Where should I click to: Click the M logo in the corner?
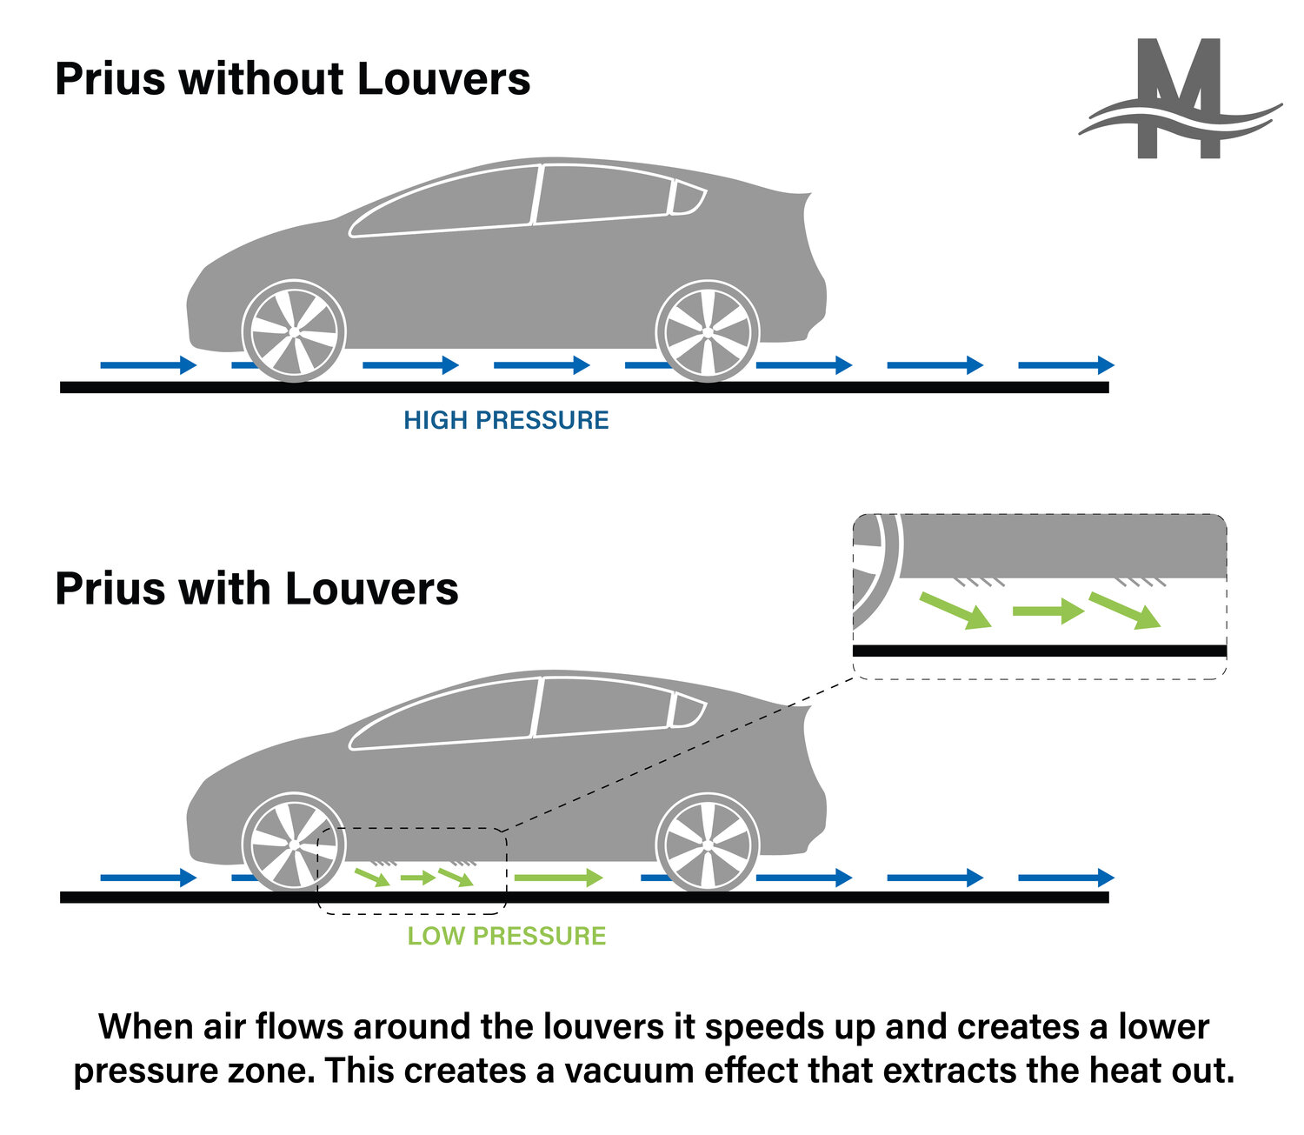[x=1180, y=100]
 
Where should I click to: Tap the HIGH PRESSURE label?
[x=506, y=420]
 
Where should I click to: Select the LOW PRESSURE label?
[x=507, y=936]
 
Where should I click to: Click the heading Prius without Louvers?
[x=292, y=79]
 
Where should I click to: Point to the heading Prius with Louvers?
[x=256, y=589]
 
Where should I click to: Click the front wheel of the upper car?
[x=293, y=331]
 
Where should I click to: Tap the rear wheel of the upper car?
[x=708, y=331]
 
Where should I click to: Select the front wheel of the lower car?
[x=293, y=844]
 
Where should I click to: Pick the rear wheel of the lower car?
[x=708, y=844]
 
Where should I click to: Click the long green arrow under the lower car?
[x=558, y=878]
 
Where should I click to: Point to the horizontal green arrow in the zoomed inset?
[x=1048, y=611]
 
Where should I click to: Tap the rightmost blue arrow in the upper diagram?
[x=1066, y=364]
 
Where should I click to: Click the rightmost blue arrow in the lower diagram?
[x=1066, y=878]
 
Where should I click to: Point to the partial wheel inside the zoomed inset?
[x=874, y=570]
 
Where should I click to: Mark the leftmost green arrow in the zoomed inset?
[x=955, y=609]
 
